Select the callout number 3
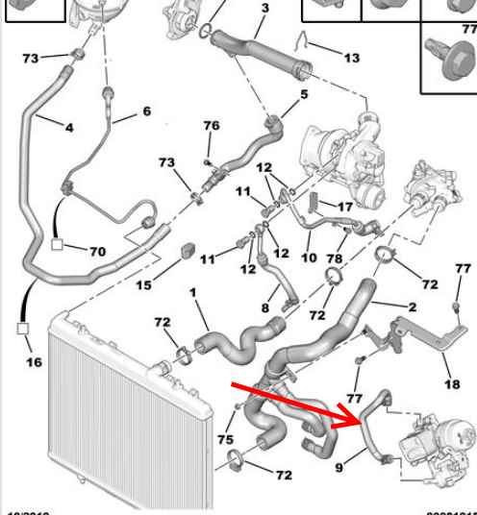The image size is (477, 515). (264, 9)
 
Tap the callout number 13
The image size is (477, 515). (351, 58)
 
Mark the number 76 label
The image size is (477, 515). (211, 126)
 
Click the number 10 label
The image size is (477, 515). (309, 258)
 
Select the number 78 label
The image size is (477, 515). (334, 258)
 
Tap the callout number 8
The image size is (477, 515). (266, 308)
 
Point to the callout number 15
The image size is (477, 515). (143, 285)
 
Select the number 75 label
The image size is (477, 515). (225, 439)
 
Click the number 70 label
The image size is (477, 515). (97, 252)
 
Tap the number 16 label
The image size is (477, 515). (35, 362)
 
